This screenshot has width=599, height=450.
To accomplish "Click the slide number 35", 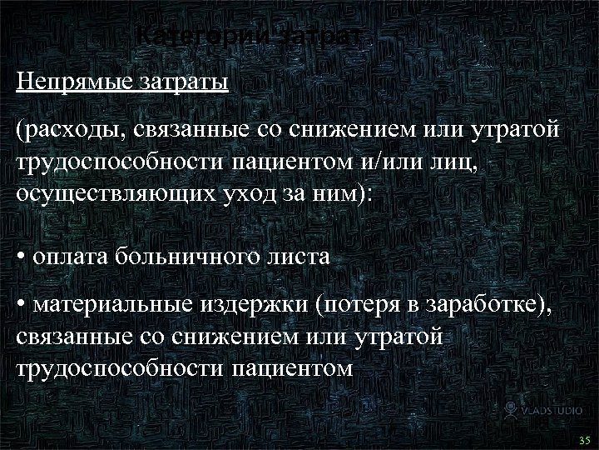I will (x=582, y=439).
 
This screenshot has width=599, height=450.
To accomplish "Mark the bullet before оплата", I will (x=21, y=257).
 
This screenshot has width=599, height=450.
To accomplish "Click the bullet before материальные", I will (x=21, y=307).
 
